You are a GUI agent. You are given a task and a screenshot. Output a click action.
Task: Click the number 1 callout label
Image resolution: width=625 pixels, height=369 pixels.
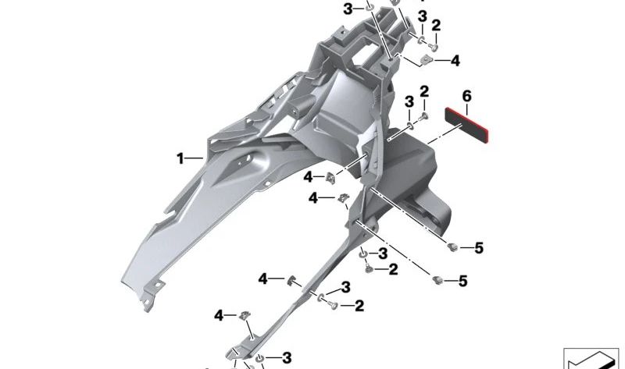point(180,159)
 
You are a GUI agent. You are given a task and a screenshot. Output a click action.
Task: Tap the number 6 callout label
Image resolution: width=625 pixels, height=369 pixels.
point(466,96)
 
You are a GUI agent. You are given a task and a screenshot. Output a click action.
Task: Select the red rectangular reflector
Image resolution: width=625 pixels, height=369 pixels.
point(466,125)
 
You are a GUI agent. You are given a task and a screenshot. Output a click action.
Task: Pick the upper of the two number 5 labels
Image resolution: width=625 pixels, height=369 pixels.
point(479,248)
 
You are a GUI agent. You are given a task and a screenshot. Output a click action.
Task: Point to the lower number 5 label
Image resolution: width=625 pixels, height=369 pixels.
point(462,281)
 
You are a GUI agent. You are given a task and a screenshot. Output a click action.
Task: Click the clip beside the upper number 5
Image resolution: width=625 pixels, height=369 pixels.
point(452,247)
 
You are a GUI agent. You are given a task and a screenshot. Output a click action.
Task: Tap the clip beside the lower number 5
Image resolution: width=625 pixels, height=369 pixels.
point(437,280)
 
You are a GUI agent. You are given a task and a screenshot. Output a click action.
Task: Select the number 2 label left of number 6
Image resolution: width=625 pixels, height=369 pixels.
point(424,92)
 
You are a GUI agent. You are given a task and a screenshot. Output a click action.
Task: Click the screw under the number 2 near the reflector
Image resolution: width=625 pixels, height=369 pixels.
point(424,116)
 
